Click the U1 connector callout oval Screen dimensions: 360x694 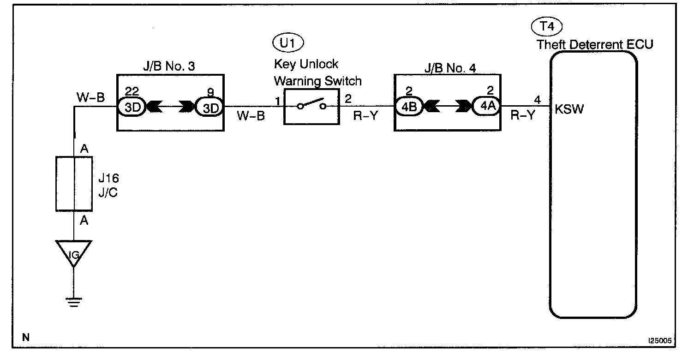[288, 44]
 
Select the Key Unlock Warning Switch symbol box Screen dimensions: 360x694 [311, 107]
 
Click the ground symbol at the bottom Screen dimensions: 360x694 [73, 302]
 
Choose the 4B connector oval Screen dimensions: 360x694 [409, 107]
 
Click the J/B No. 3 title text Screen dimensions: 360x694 [169, 66]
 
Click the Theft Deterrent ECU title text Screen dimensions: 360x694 [595, 45]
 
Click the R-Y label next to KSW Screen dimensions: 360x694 [523, 115]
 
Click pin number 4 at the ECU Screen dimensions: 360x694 [537, 100]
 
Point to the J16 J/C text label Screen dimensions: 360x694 [108, 185]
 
